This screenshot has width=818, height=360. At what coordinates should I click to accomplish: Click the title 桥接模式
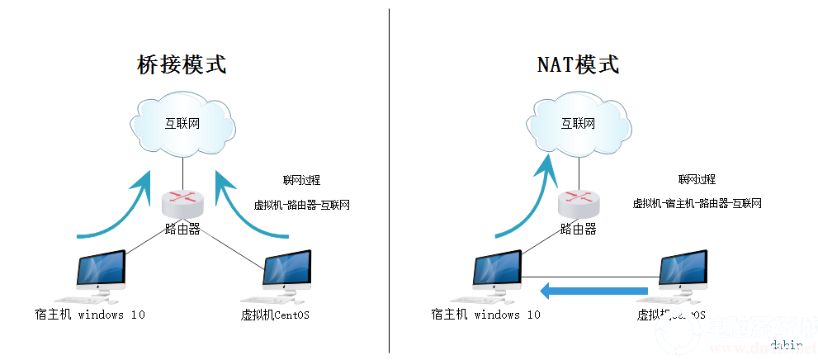pos(181,65)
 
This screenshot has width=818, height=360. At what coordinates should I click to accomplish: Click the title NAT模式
pos(577,65)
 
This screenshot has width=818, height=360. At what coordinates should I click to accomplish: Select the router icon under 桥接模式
pos(182,201)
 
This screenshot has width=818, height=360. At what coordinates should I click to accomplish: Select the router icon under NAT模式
pos(578,201)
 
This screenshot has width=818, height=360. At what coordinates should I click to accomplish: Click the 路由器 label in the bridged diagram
pos(182,229)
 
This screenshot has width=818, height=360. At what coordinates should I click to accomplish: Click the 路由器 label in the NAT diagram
pos(578,229)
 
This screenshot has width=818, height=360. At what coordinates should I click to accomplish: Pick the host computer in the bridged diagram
pos(100,274)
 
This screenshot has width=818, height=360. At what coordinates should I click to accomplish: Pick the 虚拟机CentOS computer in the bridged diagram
pos(287,274)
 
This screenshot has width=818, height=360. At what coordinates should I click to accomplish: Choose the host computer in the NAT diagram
pos(497,274)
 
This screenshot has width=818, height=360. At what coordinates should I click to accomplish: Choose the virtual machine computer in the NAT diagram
pos(683,274)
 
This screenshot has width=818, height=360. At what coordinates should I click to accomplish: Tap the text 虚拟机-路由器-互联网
pos(300,204)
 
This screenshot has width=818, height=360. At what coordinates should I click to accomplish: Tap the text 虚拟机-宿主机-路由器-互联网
pos(697,204)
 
